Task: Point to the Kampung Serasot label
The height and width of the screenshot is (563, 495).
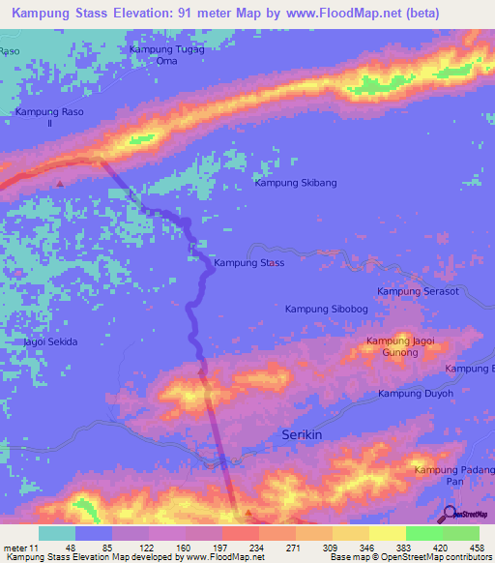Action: click(418, 291)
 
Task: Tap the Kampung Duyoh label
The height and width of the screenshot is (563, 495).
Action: click(415, 394)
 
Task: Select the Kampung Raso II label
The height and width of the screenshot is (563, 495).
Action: click(49, 118)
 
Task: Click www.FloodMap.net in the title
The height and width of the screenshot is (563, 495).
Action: click(332, 14)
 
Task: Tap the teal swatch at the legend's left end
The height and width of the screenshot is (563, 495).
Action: click(57, 533)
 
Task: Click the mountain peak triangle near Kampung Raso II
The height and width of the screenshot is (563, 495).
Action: click(60, 182)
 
